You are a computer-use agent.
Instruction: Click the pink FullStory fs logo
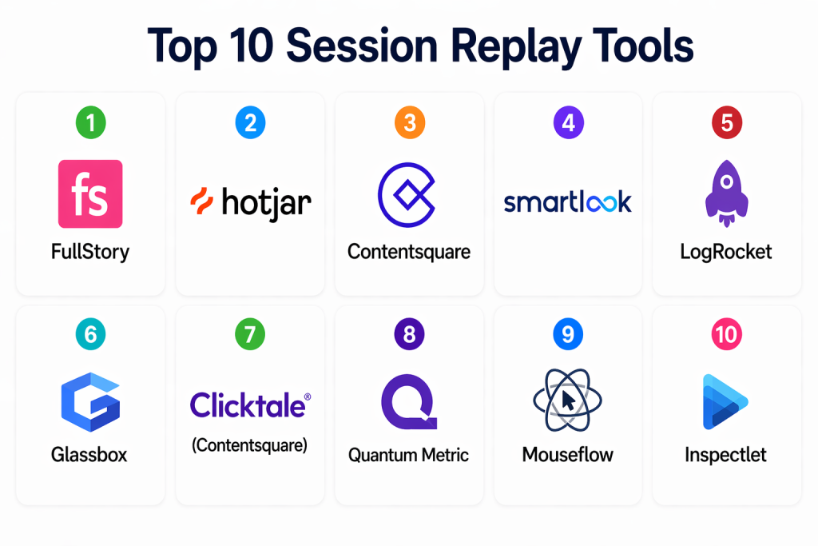click(x=90, y=193)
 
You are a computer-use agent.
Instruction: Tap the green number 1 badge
click(x=91, y=122)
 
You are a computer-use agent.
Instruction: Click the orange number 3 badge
click(x=410, y=122)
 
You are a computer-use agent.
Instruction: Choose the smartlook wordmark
click(x=568, y=202)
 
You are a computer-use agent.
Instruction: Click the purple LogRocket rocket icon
click(x=727, y=193)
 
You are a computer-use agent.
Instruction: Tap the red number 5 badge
click(x=727, y=122)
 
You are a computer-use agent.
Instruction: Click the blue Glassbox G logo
click(x=91, y=402)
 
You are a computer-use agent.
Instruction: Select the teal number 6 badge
click(x=91, y=334)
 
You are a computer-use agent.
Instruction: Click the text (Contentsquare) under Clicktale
click(x=250, y=445)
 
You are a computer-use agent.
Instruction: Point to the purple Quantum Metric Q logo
click(x=409, y=401)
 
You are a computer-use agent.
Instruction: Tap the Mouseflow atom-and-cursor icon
click(x=568, y=400)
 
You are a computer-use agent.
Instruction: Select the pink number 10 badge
click(x=727, y=334)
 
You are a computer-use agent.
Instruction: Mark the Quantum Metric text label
click(x=408, y=455)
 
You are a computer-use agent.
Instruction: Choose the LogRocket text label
click(x=725, y=252)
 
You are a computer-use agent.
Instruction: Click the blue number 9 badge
click(x=568, y=334)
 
